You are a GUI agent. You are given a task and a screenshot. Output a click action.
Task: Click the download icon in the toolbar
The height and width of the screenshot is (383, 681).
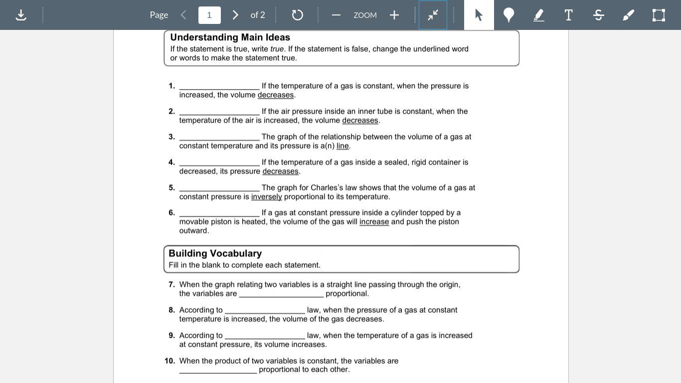point(21,15)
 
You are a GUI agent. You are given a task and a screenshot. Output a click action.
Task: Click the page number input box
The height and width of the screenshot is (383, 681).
point(209,15)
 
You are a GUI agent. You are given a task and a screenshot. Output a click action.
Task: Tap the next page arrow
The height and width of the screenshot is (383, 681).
point(235,15)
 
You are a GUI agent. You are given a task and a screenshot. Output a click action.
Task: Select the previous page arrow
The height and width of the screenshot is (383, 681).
point(183,15)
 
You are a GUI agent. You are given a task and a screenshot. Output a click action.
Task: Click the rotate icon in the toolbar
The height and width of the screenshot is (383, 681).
point(297,15)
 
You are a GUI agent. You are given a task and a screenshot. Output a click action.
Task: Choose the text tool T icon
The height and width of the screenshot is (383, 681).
point(568,15)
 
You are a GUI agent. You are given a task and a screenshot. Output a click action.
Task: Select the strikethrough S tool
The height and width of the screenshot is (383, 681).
point(599,15)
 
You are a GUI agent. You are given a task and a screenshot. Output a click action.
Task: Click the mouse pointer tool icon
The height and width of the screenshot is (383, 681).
point(479,15)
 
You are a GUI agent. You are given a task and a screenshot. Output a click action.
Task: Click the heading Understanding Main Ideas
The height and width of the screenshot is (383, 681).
point(230,37)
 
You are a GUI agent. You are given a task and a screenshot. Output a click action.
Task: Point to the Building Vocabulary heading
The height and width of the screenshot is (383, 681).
point(215,253)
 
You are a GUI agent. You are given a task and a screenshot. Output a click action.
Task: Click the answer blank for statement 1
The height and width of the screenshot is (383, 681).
point(219,86)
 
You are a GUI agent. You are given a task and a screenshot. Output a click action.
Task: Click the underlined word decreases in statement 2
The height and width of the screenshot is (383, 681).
point(360,120)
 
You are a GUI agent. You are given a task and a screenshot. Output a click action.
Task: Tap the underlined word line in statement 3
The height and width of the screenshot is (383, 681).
point(342,146)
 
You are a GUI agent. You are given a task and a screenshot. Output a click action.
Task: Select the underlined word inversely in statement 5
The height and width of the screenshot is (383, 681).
point(266,196)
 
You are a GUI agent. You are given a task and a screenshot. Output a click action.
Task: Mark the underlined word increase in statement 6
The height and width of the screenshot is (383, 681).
point(374,221)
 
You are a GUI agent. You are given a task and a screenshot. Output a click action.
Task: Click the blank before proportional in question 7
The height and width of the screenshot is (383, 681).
point(281,294)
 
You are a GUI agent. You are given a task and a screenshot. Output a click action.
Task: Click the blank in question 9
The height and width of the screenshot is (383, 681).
point(265,336)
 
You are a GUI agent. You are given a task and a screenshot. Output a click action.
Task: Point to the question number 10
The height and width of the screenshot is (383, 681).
point(170,361)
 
